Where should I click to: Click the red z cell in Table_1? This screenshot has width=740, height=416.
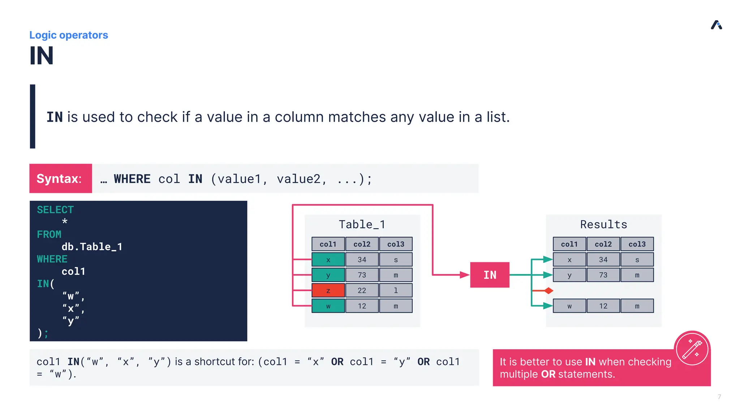[x=328, y=290]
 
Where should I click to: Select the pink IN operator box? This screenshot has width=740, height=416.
[x=490, y=275]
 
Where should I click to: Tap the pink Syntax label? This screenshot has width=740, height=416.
[x=60, y=178]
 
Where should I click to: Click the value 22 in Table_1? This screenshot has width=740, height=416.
[x=362, y=290]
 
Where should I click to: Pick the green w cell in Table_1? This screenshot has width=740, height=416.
[x=328, y=306]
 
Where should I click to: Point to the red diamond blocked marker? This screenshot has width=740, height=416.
[x=549, y=290]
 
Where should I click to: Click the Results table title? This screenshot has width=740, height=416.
[x=603, y=225]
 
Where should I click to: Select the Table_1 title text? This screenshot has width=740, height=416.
[x=362, y=225]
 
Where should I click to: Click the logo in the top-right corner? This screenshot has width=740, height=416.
[x=716, y=25]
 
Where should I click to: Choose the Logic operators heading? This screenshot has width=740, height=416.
[x=69, y=35]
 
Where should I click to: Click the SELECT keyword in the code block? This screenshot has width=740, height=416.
[x=55, y=210]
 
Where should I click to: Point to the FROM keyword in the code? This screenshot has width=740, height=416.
[x=49, y=234]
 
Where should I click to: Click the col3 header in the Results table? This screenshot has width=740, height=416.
[x=637, y=244]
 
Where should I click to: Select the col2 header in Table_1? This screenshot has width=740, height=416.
[x=362, y=244]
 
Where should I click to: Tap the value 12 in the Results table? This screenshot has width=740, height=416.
[x=603, y=306]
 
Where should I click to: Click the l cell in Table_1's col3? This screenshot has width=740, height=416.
[x=396, y=290]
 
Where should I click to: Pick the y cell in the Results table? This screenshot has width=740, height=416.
[x=569, y=275]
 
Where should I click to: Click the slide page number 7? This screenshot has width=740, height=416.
[x=719, y=397]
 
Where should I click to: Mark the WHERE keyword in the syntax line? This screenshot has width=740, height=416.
[x=132, y=179]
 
